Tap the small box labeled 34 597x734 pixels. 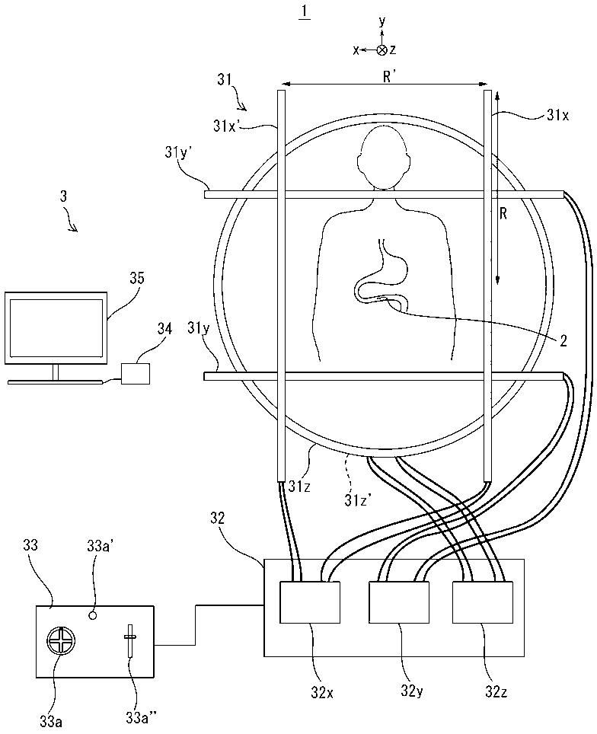point(136,373)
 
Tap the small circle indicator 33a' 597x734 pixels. point(92,614)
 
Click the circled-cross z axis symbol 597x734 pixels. point(382,49)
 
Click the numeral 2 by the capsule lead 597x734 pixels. point(563,340)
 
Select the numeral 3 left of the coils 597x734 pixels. point(65,196)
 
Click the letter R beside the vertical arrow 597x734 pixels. point(504,214)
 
